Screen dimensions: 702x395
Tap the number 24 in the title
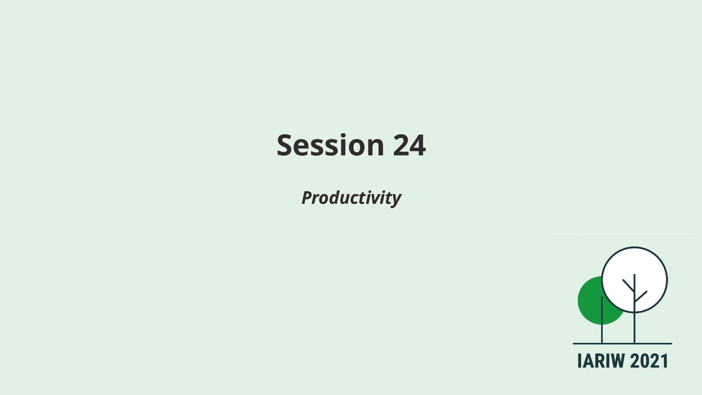(409, 145)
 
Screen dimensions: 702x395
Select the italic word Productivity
(351, 198)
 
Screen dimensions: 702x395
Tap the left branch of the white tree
(629, 286)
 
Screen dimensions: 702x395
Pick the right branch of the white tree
(641, 296)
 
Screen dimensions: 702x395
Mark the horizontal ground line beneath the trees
(622, 344)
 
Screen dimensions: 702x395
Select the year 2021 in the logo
(649, 361)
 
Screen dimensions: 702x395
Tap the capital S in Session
(285, 145)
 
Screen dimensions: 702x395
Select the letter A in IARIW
(586, 361)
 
